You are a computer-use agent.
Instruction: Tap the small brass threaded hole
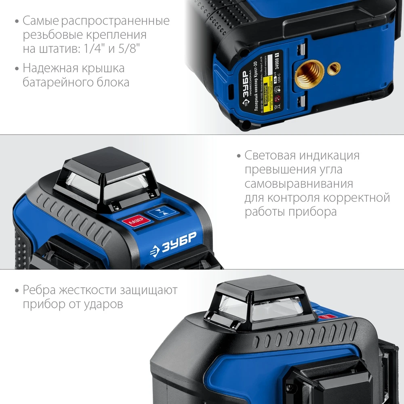click(x=334, y=69)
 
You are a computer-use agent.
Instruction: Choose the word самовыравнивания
click(x=299, y=184)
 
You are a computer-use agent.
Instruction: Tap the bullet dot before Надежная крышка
click(x=17, y=68)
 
